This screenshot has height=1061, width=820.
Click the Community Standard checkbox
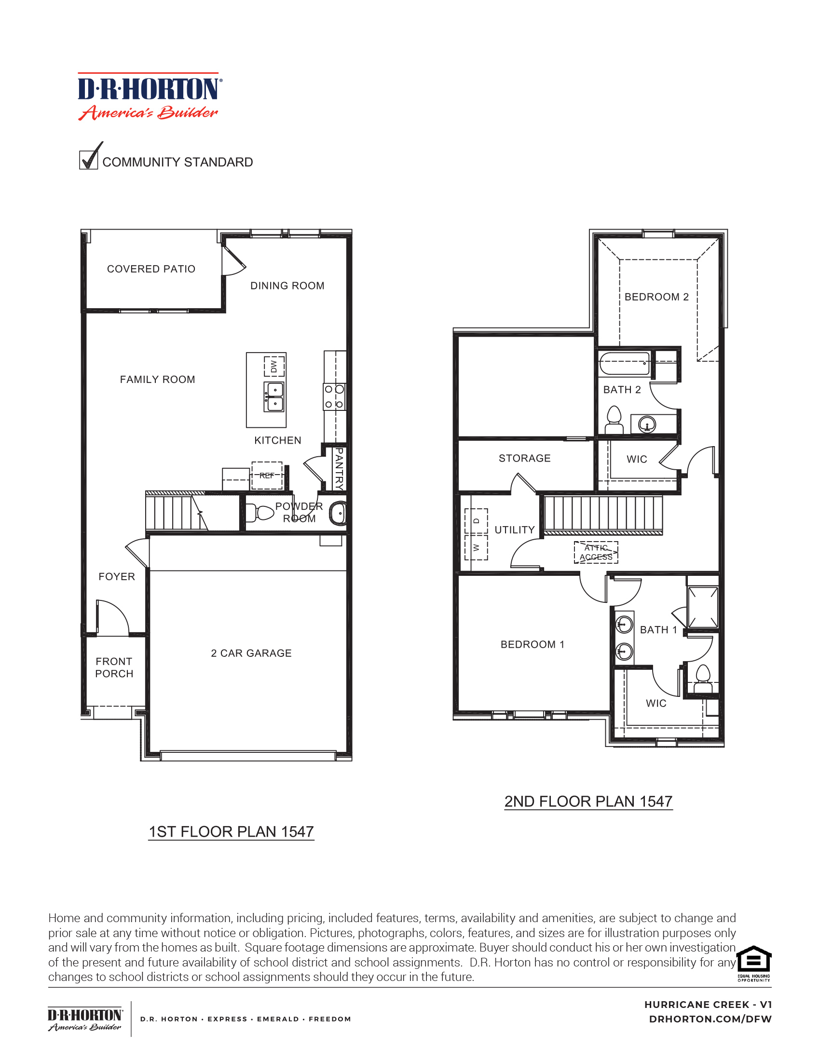pos(88,159)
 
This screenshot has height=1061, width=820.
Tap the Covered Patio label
pos(151,269)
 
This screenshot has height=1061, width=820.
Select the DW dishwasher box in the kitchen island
pos(274,367)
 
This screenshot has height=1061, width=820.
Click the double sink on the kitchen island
pos(274,396)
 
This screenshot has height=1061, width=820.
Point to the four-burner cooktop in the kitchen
pos(334,396)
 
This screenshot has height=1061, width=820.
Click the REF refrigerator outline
pos(267,475)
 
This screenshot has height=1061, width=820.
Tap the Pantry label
pos(339,468)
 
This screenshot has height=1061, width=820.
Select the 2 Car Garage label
pos(251,653)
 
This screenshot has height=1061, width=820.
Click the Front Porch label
pos(114,667)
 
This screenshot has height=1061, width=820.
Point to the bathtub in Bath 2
pos(624,363)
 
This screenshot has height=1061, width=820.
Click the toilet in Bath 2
pos(614,421)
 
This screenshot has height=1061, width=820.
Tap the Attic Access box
pos(596,552)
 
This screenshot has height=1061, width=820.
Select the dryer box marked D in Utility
pos(476,521)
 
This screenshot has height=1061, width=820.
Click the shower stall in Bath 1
pos(702,607)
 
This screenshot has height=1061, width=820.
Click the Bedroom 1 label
pos(533,644)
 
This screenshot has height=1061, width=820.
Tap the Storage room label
pos(525,458)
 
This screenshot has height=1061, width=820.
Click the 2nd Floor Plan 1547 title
pos(588,801)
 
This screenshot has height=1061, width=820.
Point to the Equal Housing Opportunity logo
pos(753,963)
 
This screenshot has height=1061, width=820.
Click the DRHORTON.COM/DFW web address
pos(710,1019)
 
